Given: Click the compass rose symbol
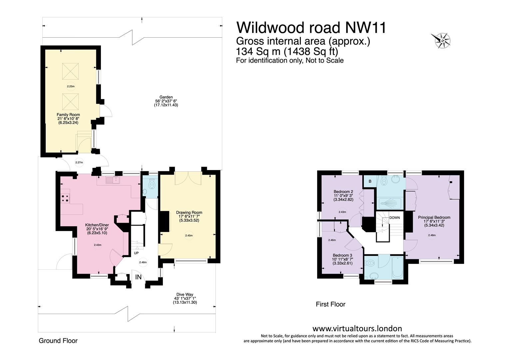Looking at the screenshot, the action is [441, 41].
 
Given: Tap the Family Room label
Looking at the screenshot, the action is [68, 115].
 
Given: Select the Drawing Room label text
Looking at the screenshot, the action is [189, 212].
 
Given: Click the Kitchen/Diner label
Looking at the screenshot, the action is [97, 225].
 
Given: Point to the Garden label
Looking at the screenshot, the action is [166, 97].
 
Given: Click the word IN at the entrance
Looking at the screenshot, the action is [138, 277].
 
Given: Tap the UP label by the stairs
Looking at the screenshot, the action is [136, 253].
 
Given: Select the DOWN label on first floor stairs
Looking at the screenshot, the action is [394, 218].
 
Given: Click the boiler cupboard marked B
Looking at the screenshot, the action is [370, 181].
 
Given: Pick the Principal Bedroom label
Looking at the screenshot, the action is [434, 217].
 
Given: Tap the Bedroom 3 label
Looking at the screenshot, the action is [342, 255].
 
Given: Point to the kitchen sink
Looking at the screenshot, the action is [113, 180].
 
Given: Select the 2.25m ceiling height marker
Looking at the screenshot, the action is [71, 86].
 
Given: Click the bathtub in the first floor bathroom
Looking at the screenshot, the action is [398, 267].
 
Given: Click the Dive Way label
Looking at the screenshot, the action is [185, 294].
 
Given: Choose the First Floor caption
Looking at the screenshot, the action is [331, 304].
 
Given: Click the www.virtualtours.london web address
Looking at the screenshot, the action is [357, 328].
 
